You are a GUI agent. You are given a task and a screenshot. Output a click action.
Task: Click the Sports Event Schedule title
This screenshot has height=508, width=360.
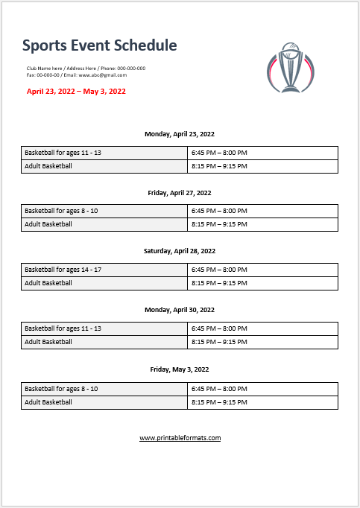(x=99, y=45)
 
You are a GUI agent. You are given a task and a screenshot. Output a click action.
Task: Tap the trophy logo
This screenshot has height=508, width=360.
(x=288, y=67)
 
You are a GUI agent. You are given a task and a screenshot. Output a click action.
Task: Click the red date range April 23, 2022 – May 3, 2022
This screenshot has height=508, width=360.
(x=76, y=92)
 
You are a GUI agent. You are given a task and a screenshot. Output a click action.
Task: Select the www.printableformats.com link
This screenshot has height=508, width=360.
(x=180, y=438)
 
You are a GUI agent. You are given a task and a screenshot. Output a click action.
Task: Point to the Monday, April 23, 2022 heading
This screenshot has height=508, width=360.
(x=180, y=134)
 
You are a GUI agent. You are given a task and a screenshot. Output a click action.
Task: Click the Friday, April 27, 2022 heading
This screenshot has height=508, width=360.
(x=180, y=192)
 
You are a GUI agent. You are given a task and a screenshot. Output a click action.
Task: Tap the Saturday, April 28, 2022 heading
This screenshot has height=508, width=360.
(x=180, y=251)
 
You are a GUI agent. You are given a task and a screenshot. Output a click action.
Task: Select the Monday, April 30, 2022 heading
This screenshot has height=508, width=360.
(x=180, y=310)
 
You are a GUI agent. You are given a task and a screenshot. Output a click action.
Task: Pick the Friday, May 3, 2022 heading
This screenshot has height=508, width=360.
(x=180, y=369)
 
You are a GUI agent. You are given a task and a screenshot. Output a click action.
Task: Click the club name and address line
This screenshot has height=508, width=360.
(x=86, y=69)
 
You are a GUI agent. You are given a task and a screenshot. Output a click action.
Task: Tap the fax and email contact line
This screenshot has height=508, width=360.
(x=76, y=75)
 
